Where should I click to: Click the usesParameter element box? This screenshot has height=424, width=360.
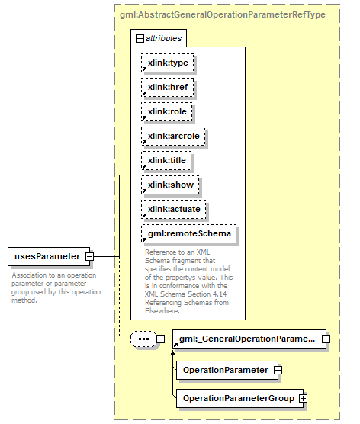49,256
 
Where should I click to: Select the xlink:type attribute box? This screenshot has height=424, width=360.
168,63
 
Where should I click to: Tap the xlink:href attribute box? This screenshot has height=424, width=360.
168,87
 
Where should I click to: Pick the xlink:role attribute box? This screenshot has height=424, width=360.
166,111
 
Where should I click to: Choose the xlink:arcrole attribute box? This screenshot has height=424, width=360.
173,136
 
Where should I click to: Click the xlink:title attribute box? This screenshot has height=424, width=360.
166,160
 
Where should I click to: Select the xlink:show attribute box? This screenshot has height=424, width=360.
170,185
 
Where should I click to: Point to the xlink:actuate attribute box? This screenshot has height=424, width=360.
173,209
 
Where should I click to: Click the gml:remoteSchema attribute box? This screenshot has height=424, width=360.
189,233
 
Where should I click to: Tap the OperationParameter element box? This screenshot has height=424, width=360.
227,370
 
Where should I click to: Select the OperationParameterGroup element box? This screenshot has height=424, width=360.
240,398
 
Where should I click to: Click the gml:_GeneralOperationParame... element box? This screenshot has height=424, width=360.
249,339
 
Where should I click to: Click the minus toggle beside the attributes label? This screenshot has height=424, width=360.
140,38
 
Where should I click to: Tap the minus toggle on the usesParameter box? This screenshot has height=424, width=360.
89,256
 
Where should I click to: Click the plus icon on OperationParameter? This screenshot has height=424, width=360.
278,370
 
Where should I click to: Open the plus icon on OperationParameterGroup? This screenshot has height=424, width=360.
303,398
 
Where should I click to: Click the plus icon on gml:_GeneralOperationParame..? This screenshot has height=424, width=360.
326,339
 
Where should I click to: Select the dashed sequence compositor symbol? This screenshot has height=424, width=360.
143,339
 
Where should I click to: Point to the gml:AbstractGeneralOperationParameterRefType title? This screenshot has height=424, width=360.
223,14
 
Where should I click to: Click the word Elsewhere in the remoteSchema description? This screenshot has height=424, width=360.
162,311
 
